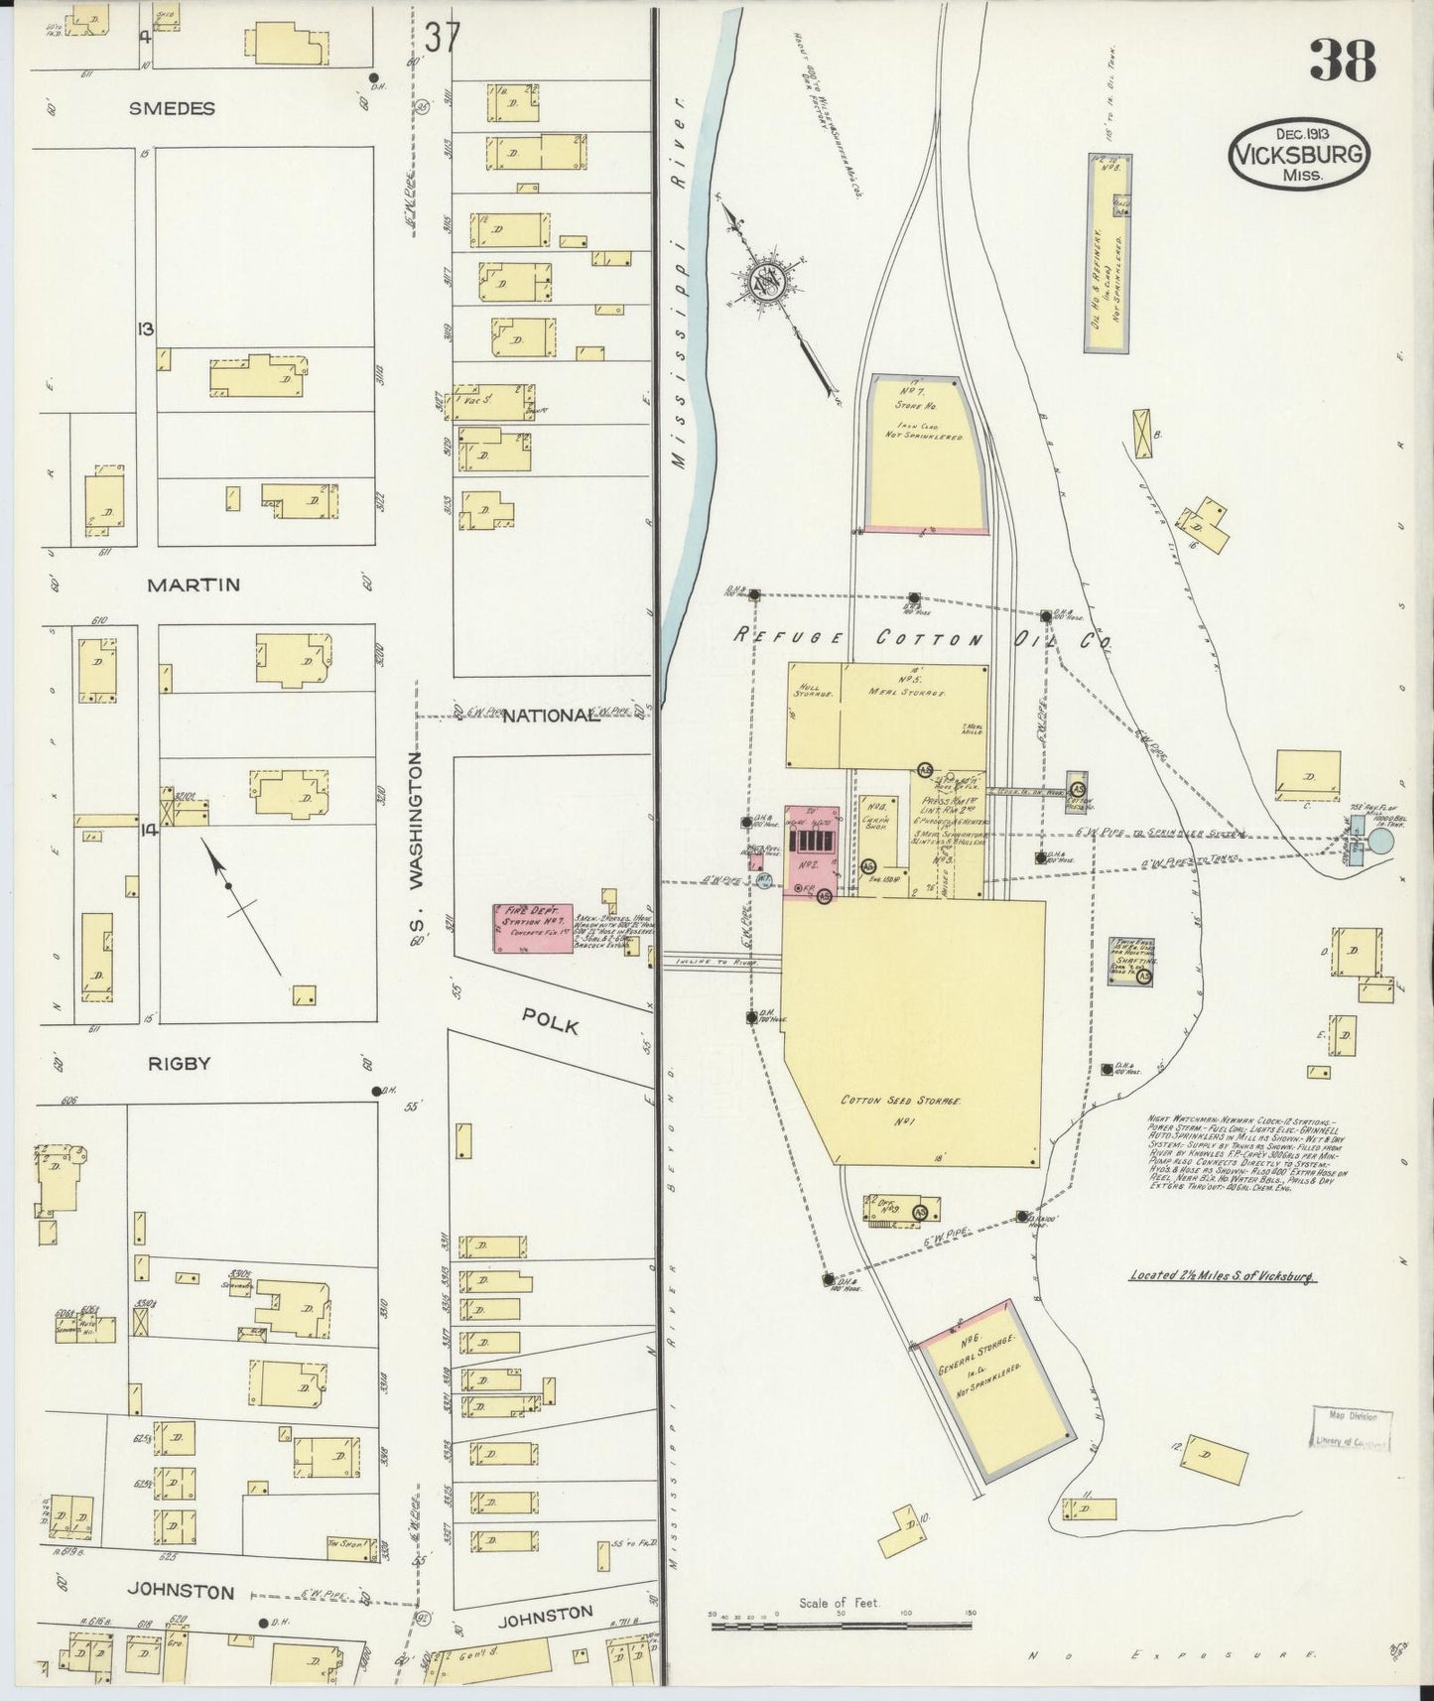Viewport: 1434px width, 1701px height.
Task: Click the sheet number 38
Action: tap(1343, 62)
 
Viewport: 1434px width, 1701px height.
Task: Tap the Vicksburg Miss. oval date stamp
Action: tap(1299, 156)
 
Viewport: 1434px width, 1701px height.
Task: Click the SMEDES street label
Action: tap(172, 109)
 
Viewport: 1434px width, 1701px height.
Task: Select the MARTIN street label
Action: tap(193, 585)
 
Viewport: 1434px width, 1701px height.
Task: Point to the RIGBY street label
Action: tap(179, 1063)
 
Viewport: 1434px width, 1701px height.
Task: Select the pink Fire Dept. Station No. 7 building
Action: tap(534, 928)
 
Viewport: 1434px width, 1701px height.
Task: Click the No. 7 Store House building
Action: tap(926, 454)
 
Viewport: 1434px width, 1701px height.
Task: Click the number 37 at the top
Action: tap(442, 40)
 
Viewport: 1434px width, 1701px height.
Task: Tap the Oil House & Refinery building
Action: tap(1109, 253)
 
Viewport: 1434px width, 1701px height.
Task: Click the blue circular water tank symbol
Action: tap(1380, 842)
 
